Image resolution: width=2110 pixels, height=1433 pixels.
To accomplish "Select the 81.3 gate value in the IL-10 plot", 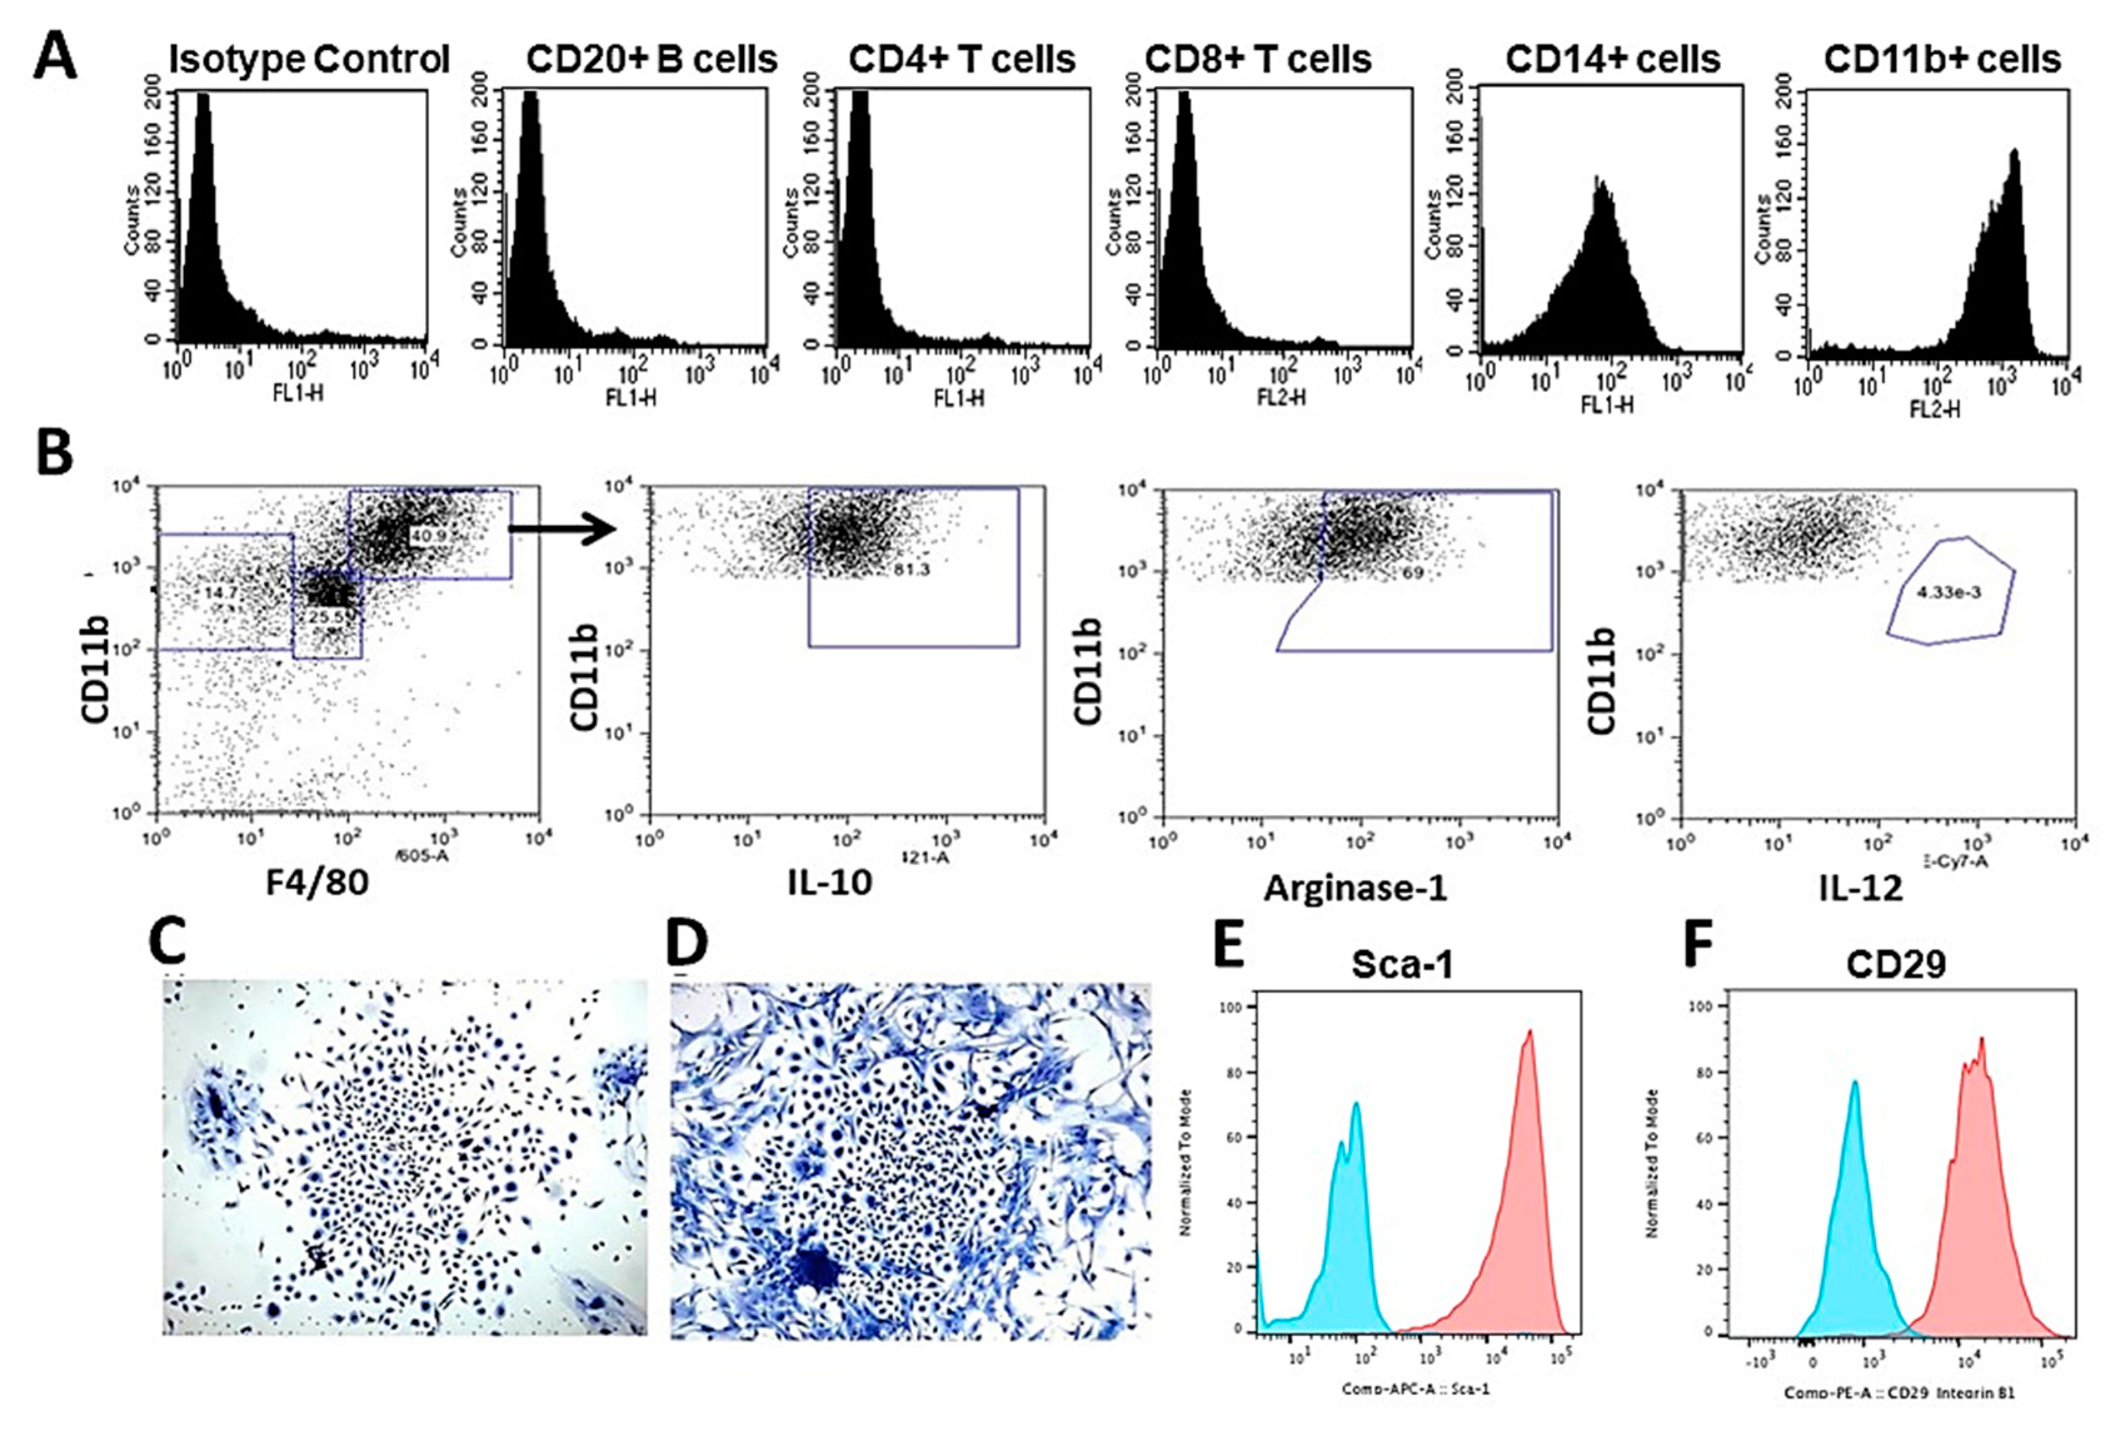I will coord(910,570).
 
